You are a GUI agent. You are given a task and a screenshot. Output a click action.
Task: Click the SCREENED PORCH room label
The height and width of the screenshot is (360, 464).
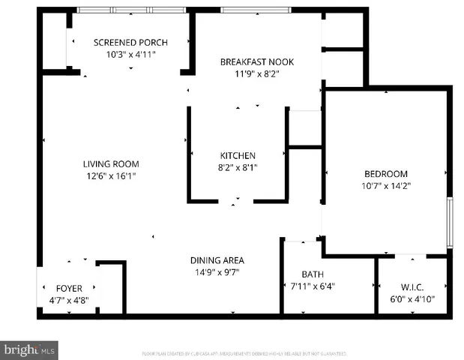pyautogui.click(x=130, y=42)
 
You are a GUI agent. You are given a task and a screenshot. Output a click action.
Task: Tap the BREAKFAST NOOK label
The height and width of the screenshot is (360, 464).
pyautogui.click(x=253, y=61)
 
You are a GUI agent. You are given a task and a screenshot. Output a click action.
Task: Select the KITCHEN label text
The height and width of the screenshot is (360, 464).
pyautogui.click(x=237, y=155)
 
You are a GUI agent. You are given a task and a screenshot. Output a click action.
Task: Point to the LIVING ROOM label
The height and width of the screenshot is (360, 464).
pyautogui.click(x=110, y=163)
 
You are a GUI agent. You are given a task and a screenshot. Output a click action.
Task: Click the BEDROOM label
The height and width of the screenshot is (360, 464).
pyautogui.click(x=385, y=173)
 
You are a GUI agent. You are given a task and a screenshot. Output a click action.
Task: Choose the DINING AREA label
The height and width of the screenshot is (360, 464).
pyautogui.click(x=217, y=260)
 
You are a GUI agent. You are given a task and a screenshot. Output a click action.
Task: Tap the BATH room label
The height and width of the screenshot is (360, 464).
pyautogui.click(x=312, y=274)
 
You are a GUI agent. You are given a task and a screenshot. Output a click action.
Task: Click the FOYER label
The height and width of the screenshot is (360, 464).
pyautogui.click(x=69, y=288)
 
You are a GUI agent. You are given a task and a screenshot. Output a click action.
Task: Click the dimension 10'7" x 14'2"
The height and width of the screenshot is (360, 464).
pyautogui.click(x=385, y=185)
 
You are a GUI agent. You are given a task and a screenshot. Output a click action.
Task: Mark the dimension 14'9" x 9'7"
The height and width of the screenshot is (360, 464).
pyautogui.click(x=217, y=272)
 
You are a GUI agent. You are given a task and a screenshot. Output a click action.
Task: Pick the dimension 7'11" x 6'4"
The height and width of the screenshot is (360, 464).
pyautogui.click(x=312, y=286)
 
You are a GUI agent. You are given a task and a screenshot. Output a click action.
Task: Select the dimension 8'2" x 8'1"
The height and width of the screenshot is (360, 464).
pyautogui.click(x=237, y=167)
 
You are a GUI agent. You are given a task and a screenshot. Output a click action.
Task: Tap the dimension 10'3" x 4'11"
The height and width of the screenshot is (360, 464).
pyautogui.click(x=130, y=54)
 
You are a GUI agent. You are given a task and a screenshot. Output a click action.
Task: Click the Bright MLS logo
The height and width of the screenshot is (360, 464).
pyautogui.click(x=30, y=349)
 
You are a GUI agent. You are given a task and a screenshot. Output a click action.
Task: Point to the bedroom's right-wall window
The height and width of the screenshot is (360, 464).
pyautogui.click(x=449, y=222)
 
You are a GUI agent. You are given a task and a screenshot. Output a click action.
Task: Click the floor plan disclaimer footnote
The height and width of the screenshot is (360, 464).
pyautogui.click(x=244, y=352)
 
